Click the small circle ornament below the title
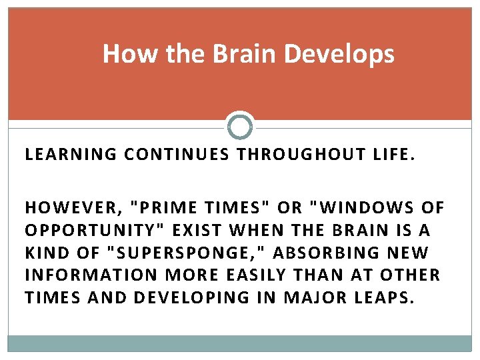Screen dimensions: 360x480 coord(240,125)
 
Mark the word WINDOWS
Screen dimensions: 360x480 coord(363,207)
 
